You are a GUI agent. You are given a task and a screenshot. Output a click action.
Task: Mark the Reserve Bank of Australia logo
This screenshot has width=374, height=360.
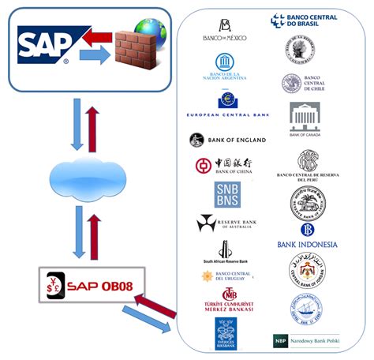point(226,223)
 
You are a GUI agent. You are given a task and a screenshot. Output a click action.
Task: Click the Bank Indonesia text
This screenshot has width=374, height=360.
point(307,245)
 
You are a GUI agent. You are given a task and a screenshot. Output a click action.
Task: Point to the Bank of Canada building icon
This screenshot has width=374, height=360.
point(305,118)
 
